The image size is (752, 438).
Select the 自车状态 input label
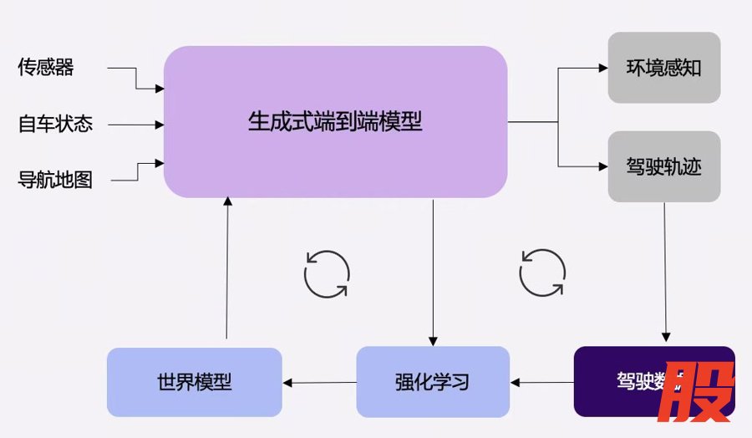coord(55,125)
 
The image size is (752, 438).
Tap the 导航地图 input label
coord(55,180)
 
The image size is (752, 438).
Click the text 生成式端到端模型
coord(335,122)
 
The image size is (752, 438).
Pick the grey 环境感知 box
coord(663,68)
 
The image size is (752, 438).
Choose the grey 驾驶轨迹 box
coord(663,166)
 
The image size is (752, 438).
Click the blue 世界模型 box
coord(194,382)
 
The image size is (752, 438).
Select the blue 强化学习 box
coord(432,382)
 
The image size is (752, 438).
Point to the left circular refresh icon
coord(326,273)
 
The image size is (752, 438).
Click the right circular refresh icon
coord(542,272)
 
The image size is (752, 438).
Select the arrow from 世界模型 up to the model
coord(227,267)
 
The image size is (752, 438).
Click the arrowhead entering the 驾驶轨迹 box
coord(603,166)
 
